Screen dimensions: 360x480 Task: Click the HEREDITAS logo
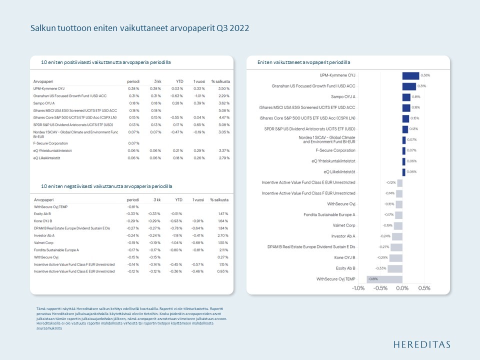point(421,344)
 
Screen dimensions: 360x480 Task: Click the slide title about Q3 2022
point(139,28)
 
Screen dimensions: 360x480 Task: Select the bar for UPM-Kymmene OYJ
point(410,75)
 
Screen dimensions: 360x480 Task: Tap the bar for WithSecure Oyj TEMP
point(384,279)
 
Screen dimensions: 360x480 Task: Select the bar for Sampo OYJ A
point(406,97)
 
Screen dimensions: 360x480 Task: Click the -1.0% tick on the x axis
point(358,288)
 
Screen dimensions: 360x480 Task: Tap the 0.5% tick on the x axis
point(423,288)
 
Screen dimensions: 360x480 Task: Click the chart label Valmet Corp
point(344,225)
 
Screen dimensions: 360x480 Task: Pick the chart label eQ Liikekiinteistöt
point(339,171)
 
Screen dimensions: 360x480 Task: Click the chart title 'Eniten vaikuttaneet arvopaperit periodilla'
point(303,62)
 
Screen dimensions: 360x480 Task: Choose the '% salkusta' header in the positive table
point(220,80)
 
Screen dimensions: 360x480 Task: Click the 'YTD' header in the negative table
point(178,199)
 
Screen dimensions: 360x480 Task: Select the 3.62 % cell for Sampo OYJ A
point(223,102)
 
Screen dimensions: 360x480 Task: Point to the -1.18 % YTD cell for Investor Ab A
point(177,235)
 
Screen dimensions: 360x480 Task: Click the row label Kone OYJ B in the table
point(44,220)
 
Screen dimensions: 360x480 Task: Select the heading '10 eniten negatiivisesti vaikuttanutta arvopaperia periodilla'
point(106,186)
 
